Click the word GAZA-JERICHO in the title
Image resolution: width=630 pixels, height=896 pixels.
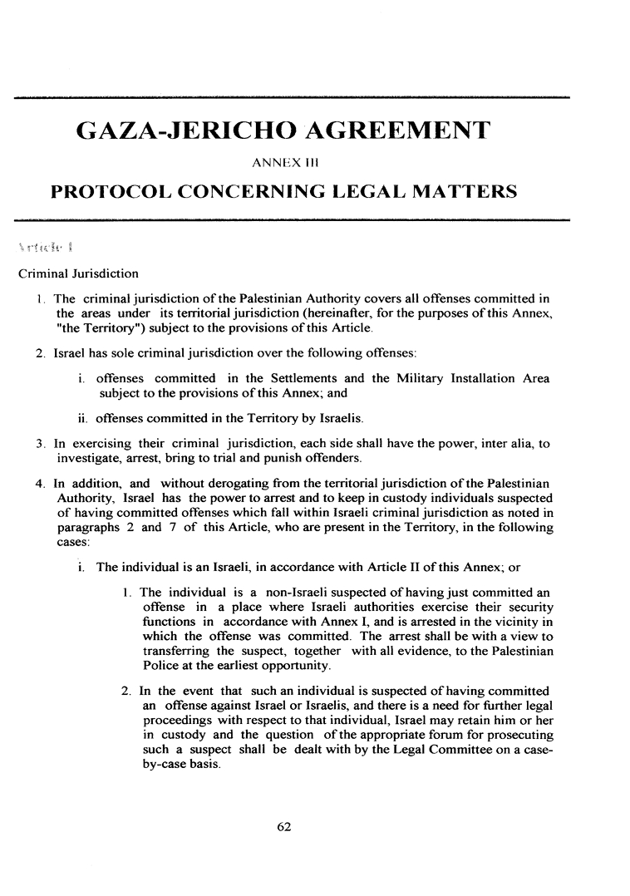click(186, 130)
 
